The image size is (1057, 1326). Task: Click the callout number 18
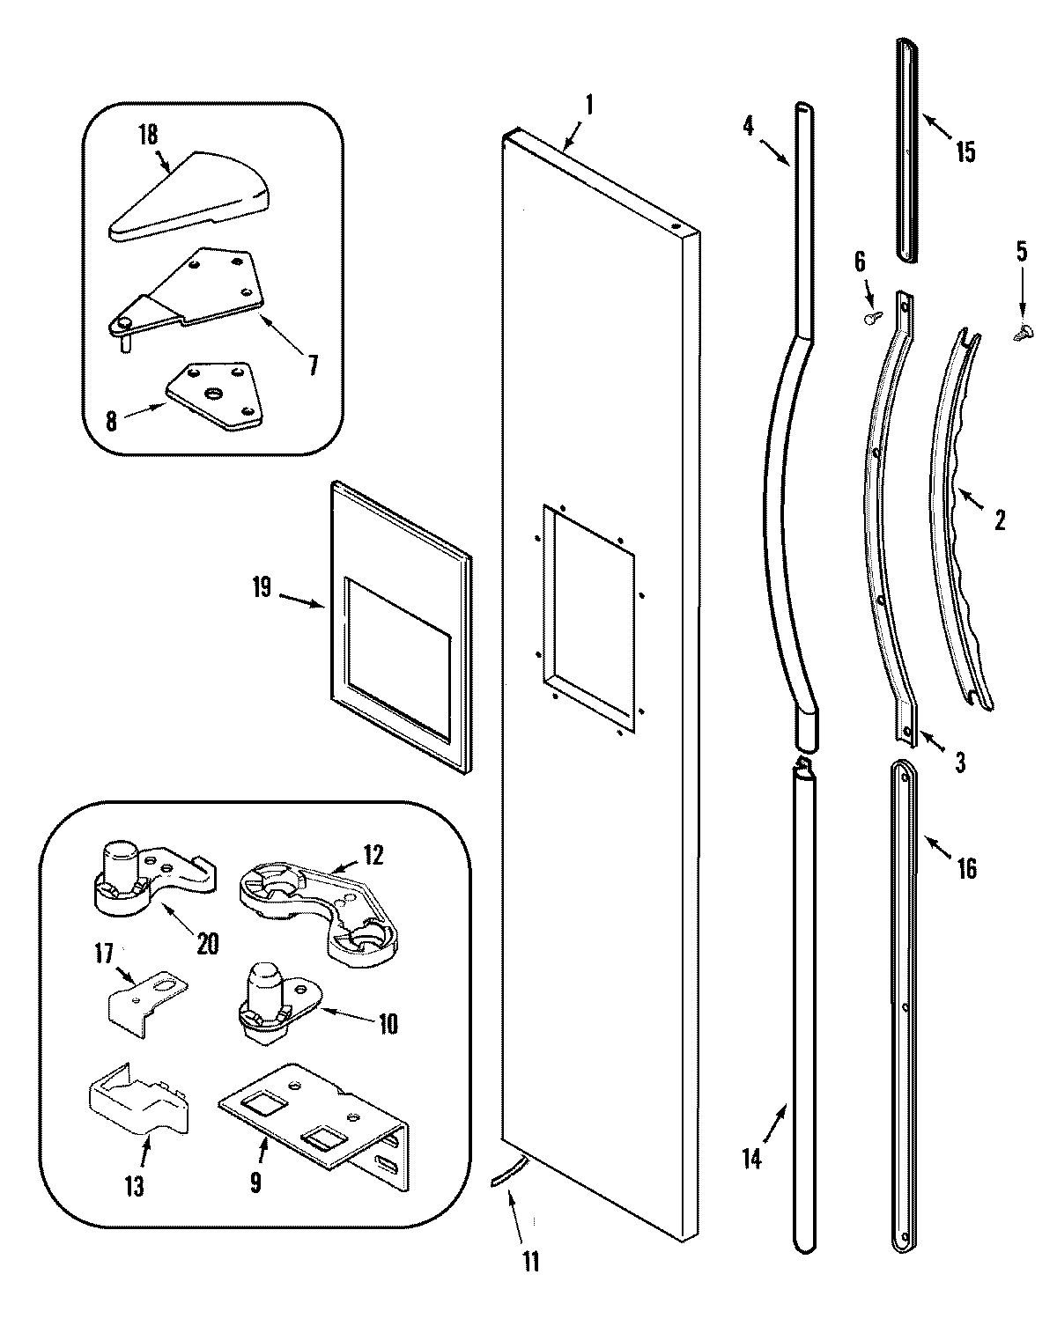147,135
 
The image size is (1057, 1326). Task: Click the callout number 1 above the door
588,107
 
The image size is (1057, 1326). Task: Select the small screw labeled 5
1024,333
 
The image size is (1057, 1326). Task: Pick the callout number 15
965,151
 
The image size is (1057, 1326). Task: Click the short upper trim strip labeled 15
906,150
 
